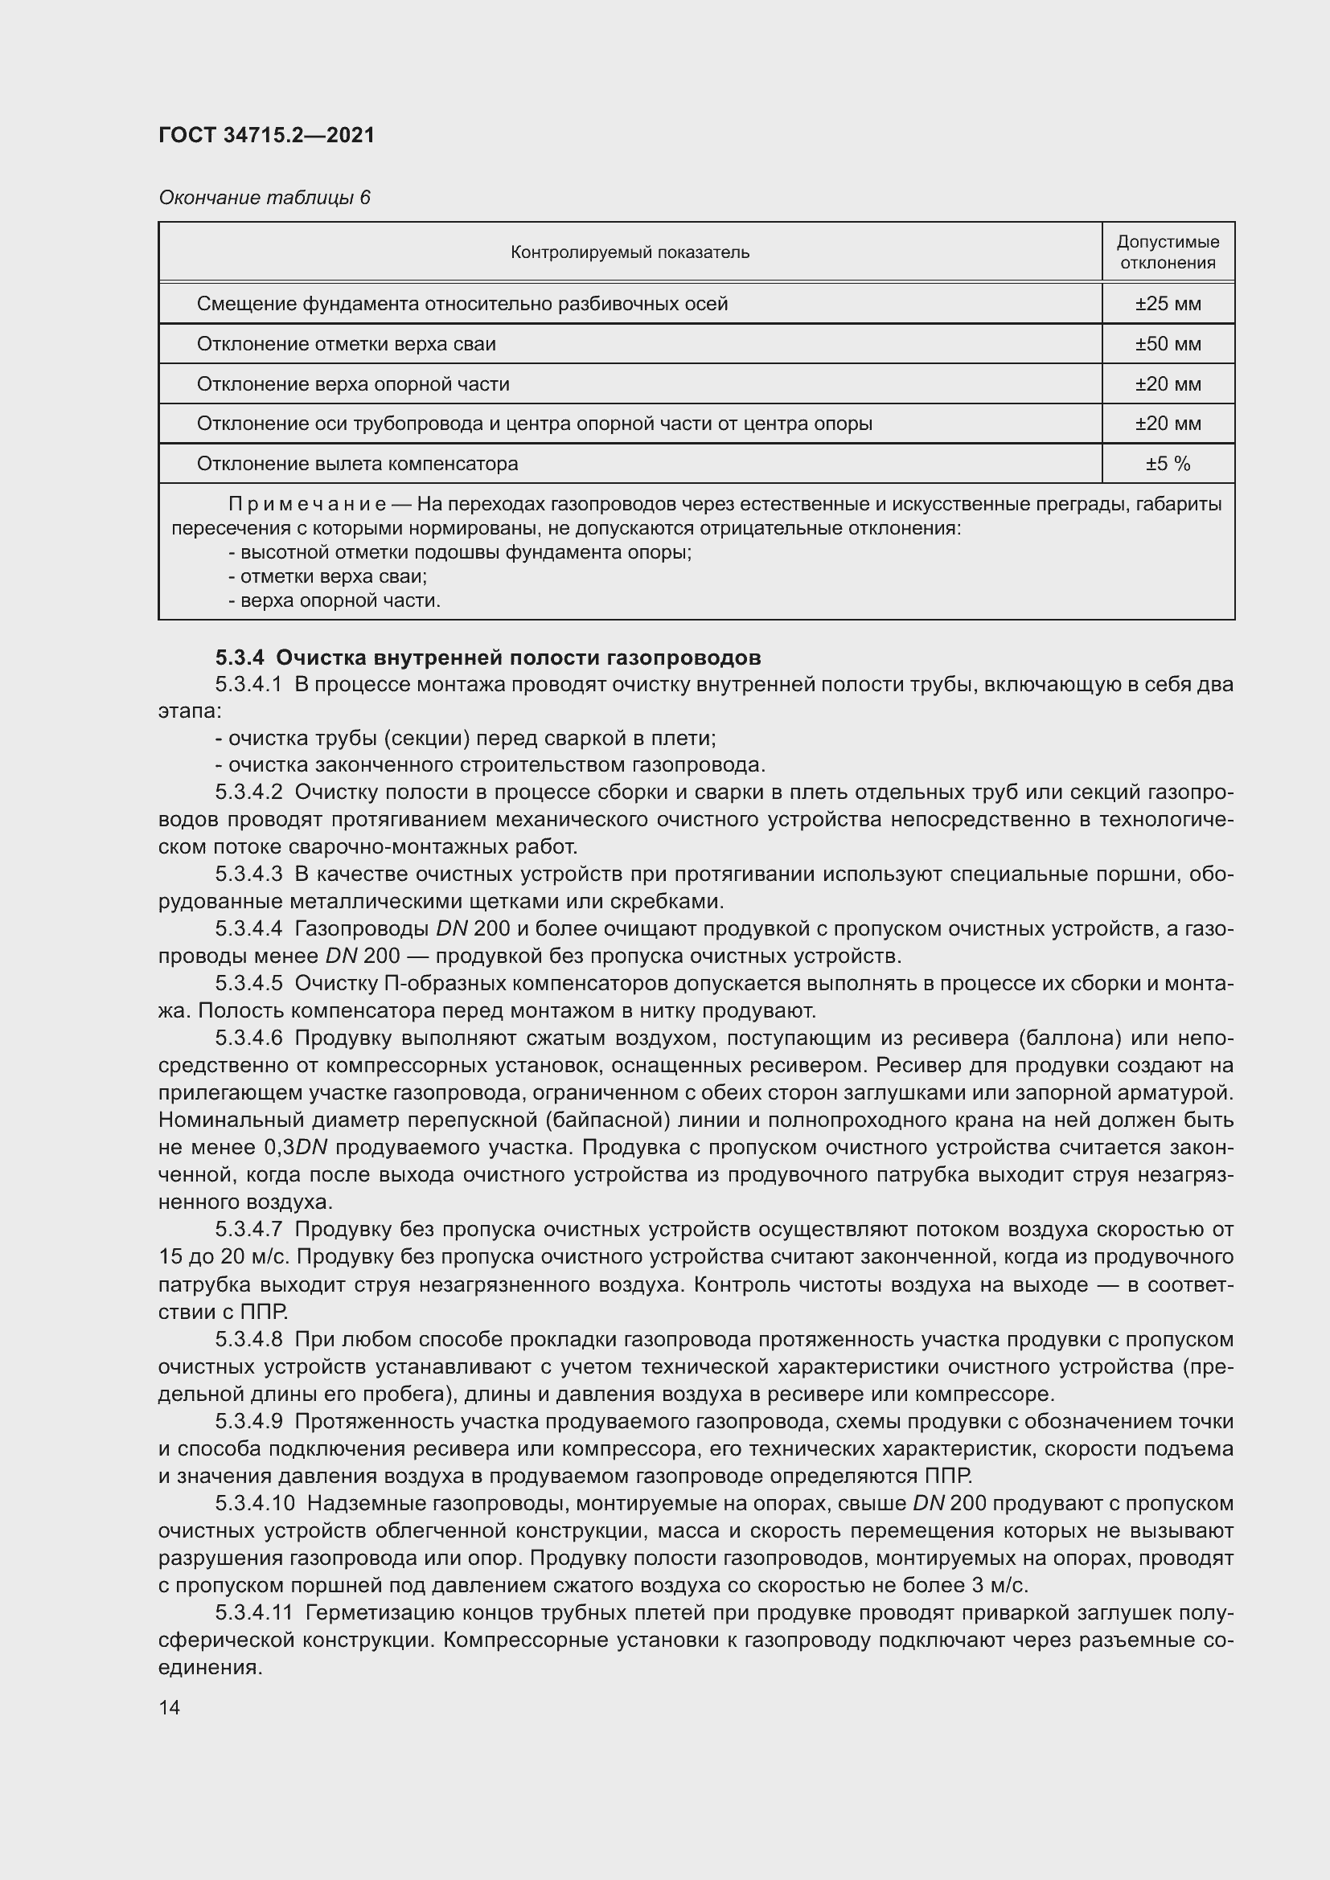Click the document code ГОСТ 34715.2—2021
266,135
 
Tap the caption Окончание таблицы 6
264,198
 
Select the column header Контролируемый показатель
629,252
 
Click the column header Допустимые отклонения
1167,252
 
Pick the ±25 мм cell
1167,304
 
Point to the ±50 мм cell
1167,344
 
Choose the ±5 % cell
1167,465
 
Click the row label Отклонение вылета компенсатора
357,465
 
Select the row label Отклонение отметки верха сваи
346,344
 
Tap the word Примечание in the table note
306,504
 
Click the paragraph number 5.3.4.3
249,874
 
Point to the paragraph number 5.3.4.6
249,1038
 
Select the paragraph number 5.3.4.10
254,1503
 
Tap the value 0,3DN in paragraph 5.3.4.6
296,1148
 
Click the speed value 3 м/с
1000,1585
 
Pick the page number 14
170,1707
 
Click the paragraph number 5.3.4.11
254,1613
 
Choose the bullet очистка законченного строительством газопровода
490,766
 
